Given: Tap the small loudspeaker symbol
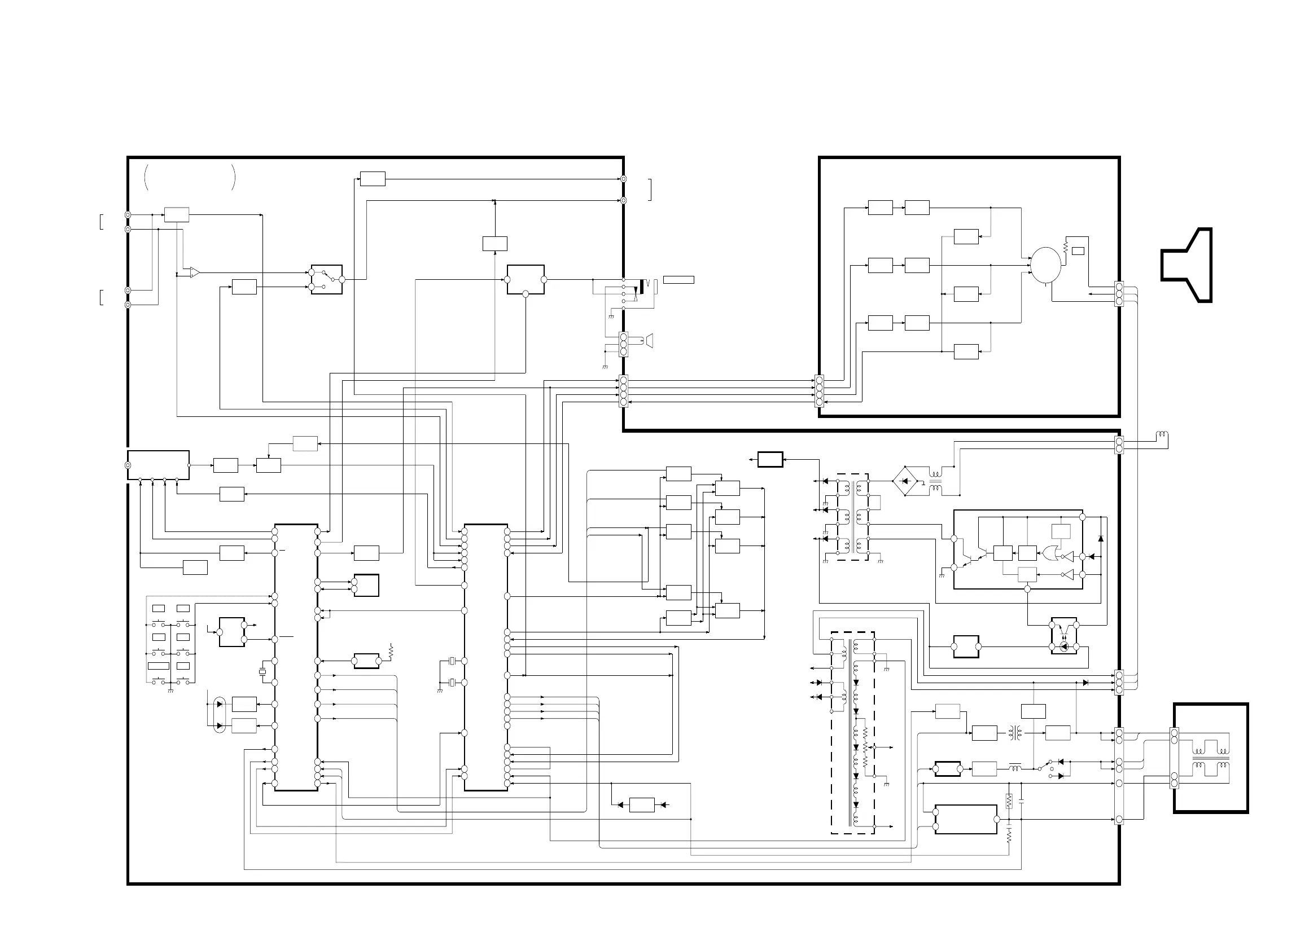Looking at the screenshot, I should click(x=649, y=340).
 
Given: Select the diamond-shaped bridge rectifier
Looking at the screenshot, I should click(x=904, y=481).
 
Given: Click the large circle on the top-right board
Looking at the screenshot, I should click(x=1045, y=265).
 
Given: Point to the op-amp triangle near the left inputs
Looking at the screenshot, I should click(x=195, y=272).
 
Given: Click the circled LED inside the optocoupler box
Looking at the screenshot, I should click(x=1064, y=646).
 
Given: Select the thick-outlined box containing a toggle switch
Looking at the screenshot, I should click(x=327, y=279).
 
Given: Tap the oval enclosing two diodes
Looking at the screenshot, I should click(x=219, y=715).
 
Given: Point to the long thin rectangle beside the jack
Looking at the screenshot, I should click(x=678, y=280).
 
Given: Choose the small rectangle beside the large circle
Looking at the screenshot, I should click(x=1078, y=250).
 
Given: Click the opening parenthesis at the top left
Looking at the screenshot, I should click(x=147, y=177).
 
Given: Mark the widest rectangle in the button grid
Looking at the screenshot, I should click(x=158, y=666).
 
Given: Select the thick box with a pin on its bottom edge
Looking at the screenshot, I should click(x=525, y=280).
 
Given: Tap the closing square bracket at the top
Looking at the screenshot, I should click(x=651, y=189).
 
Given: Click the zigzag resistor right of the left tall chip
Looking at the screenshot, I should click(x=391, y=652).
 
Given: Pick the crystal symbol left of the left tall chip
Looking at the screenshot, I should click(x=262, y=672).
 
